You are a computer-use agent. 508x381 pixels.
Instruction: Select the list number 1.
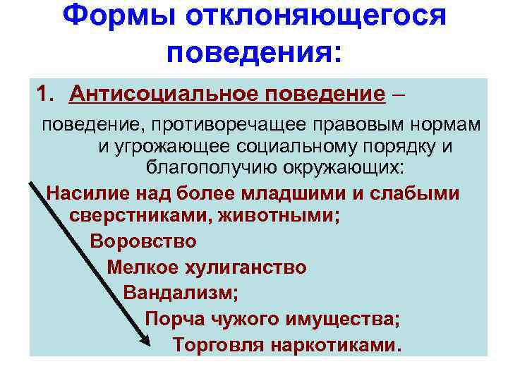point(46,93)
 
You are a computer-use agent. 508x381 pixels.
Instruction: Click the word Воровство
point(143,241)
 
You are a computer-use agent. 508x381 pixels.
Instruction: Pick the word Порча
point(170,320)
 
